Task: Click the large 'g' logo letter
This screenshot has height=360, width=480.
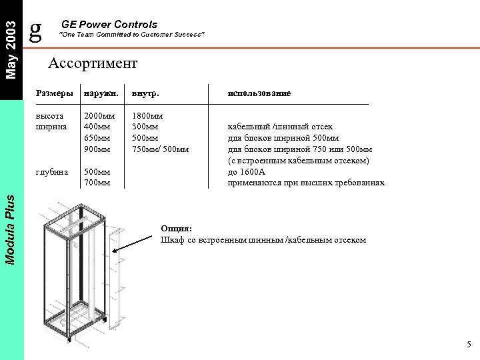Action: [x=37, y=28]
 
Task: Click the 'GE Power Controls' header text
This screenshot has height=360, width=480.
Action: [x=109, y=25]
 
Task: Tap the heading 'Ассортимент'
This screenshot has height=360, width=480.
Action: [x=93, y=63]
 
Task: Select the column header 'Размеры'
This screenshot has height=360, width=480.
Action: [x=53, y=94]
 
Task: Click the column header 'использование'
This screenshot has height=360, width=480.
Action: [x=259, y=94]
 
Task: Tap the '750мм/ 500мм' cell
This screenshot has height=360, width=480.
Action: [x=161, y=149]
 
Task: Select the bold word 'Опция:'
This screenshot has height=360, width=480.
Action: [x=177, y=229]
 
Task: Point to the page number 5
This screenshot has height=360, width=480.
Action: [x=469, y=345]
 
